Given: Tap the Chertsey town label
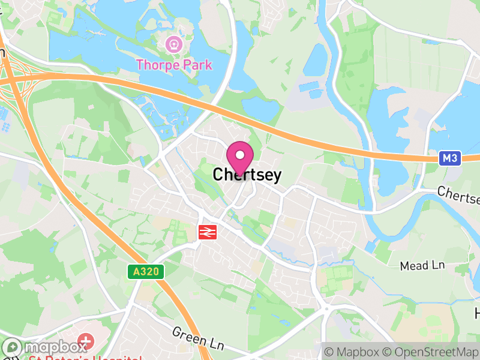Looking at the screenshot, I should (x=247, y=175).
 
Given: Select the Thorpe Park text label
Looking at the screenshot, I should (x=174, y=64).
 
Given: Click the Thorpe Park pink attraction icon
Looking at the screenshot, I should (x=174, y=44).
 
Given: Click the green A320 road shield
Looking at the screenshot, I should (x=145, y=272).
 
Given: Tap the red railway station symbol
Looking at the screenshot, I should (x=208, y=231).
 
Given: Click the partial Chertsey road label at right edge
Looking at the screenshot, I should (x=459, y=194).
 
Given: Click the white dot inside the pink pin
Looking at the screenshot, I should (x=240, y=155).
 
